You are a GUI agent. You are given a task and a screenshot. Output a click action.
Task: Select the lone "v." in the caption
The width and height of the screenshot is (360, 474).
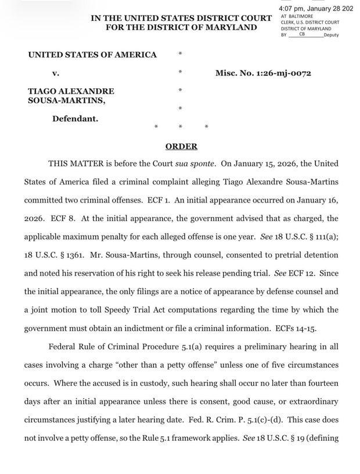click(56, 73)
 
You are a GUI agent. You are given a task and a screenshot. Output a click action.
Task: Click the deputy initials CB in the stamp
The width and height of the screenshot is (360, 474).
click(301, 35)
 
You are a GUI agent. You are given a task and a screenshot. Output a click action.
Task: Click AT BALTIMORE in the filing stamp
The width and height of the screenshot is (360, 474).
click(297, 16)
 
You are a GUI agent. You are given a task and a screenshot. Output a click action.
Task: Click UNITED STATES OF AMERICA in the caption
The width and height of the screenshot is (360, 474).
click(92, 55)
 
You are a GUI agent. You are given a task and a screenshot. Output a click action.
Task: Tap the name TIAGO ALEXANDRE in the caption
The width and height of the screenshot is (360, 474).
click(71, 91)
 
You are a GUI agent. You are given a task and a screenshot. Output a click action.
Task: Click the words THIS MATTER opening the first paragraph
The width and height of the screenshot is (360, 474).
click(79, 164)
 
